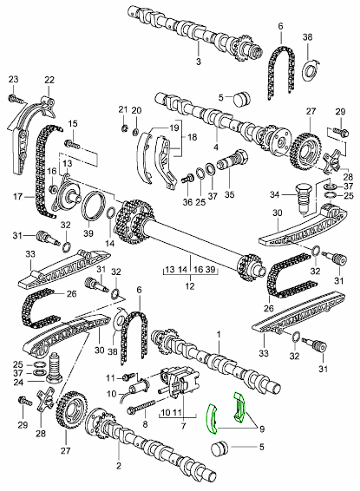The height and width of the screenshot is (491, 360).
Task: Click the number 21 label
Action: tap(122, 109)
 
